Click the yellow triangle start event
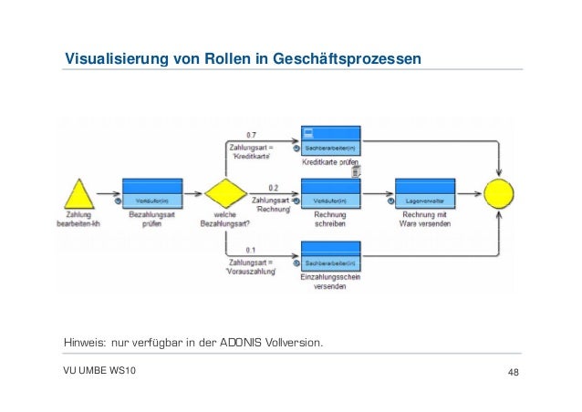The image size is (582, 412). (80, 194)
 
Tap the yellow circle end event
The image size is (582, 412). (499, 194)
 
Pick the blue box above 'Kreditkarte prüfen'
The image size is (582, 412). (330, 140)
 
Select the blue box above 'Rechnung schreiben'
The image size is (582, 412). (330, 193)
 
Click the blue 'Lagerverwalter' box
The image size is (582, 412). (425, 193)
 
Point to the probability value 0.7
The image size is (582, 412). (251, 134)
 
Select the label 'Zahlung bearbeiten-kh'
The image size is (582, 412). (80, 221)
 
